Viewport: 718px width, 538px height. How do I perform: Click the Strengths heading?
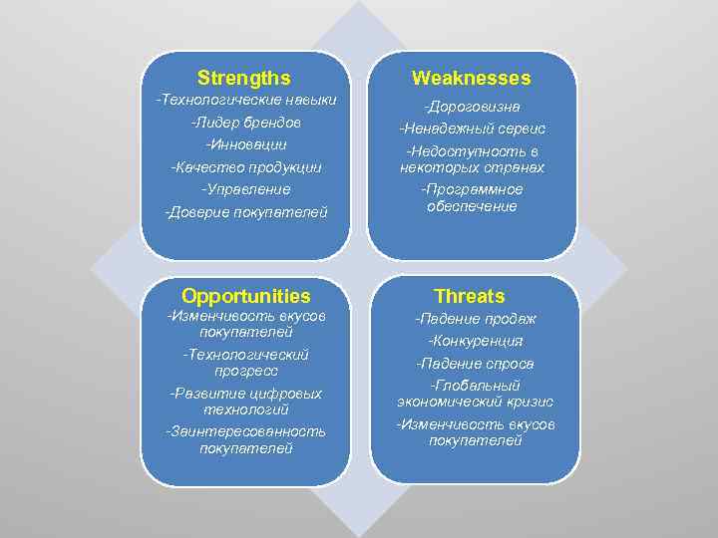pyautogui.click(x=244, y=78)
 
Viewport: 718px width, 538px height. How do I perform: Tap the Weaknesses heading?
pyautogui.click(x=472, y=78)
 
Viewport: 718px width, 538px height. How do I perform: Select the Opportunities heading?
pyautogui.click(x=245, y=296)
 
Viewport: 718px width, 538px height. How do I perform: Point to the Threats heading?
pyautogui.click(x=470, y=296)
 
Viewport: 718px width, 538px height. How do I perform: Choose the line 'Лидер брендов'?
pyautogui.click(x=245, y=123)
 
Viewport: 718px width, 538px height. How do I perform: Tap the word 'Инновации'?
pyautogui.click(x=245, y=144)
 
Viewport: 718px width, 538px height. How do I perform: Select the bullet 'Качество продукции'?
pyautogui.click(x=245, y=166)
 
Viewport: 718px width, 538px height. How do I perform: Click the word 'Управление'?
pyautogui.click(x=245, y=188)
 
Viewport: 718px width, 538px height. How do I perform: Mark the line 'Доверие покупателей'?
pyautogui.click(x=245, y=211)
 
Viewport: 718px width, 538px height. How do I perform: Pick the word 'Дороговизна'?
pyautogui.click(x=473, y=107)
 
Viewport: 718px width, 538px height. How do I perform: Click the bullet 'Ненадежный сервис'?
pyautogui.click(x=473, y=129)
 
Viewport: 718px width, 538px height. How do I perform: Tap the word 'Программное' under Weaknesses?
pyautogui.click(x=473, y=189)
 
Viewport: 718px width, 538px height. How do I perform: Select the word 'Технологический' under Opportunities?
pyautogui.click(x=246, y=354)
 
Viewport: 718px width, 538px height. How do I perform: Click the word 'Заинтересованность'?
pyautogui.click(x=245, y=431)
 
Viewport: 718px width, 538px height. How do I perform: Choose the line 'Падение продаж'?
pyautogui.click(x=476, y=319)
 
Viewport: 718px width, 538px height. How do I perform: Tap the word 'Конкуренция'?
pyautogui.click(x=476, y=341)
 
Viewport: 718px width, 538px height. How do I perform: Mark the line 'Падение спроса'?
pyautogui.click(x=476, y=364)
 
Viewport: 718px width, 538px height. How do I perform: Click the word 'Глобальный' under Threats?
pyautogui.click(x=476, y=386)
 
